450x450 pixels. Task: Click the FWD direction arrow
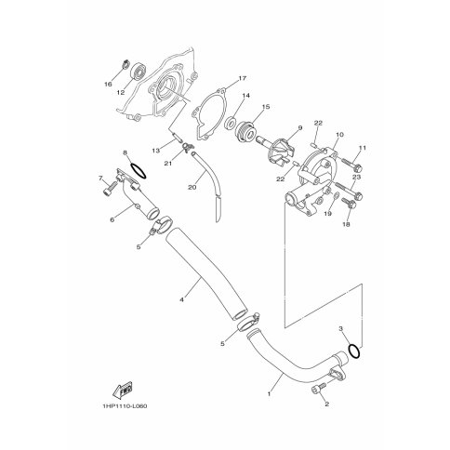123,390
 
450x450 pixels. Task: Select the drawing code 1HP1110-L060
125,406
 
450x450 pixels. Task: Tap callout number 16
108,84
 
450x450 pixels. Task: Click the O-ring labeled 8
138,170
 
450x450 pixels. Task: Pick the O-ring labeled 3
354,351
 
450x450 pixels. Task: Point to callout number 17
243,78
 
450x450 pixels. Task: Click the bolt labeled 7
109,188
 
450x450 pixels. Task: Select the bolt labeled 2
318,389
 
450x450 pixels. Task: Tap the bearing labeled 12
138,72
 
